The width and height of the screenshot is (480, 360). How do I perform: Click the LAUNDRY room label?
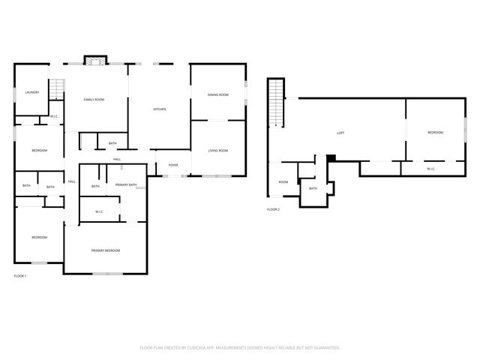31,92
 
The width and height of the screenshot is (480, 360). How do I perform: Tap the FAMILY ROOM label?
94,99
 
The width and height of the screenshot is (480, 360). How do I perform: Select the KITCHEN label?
160,109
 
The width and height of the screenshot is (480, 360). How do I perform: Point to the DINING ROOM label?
217,94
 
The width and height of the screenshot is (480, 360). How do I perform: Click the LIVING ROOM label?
217,151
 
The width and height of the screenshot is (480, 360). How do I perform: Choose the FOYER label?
173,165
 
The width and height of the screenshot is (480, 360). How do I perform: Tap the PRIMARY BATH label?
126,184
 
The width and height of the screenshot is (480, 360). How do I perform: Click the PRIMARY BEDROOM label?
106,250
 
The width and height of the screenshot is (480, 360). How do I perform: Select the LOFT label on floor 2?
340,133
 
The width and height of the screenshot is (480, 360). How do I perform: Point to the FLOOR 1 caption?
20,277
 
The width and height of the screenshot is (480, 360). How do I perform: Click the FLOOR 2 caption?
273,209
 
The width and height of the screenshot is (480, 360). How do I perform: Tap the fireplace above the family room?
95,61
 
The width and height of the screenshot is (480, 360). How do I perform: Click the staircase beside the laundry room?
57,90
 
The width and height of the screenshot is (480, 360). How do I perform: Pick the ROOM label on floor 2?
283,182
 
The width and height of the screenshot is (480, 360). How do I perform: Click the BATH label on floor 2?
313,188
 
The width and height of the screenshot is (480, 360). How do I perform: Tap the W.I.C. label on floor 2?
431,169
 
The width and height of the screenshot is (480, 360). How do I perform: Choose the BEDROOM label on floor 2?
435,133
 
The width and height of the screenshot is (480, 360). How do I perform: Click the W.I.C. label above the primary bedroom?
100,211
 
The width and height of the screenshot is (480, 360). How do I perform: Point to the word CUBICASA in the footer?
223,348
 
